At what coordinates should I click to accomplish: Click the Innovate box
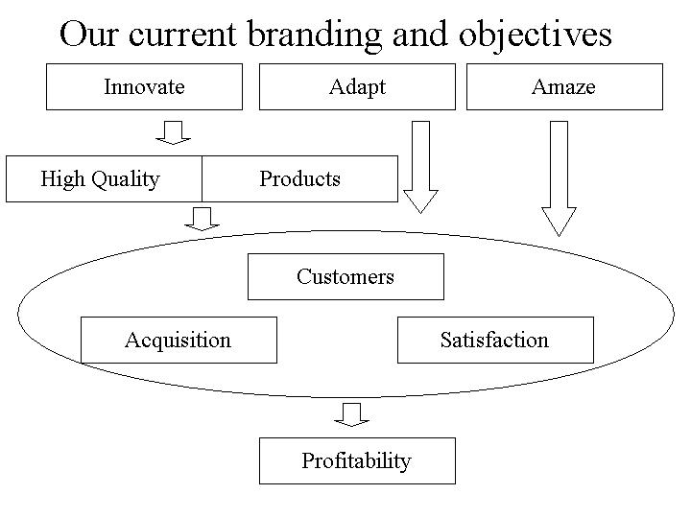point(145,86)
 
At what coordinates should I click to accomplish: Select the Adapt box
point(357,86)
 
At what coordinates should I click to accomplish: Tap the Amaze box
point(564,86)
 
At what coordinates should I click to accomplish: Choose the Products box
point(299,178)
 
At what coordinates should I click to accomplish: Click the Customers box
point(345,276)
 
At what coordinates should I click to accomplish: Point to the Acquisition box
point(179,340)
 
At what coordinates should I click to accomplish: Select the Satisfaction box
point(495,340)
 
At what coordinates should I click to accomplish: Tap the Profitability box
point(357,460)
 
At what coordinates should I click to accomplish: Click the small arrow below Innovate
point(174,131)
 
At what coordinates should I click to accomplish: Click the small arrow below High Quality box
point(202,219)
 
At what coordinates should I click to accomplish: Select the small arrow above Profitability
point(352,413)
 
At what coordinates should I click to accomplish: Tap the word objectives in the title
point(536,35)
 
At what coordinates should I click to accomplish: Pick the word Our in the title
point(89,35)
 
